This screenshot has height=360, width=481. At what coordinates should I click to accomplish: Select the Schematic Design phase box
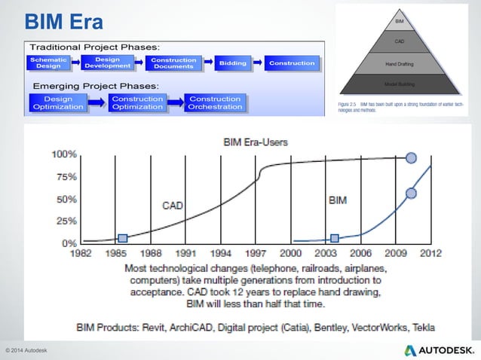48,63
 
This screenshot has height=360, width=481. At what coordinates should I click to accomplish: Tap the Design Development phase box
107,63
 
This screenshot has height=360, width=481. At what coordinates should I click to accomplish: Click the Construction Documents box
173,63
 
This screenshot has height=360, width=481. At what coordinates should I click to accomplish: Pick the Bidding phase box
234,63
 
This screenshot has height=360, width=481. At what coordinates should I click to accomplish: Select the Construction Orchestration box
215,102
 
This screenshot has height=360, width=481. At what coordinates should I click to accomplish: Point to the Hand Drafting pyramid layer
401,65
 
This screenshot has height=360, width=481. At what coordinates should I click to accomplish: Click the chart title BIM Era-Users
256,141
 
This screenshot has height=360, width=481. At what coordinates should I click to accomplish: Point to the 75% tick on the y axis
64,177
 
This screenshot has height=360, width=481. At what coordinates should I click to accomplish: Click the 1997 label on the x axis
256,254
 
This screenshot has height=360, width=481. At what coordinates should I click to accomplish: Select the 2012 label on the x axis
430,254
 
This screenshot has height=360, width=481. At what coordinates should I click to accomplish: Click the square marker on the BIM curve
335,238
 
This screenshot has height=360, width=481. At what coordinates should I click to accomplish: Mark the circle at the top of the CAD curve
411,158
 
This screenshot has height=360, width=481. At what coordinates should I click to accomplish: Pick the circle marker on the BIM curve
411,194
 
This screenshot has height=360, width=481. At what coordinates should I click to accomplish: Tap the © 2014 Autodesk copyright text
26,351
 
